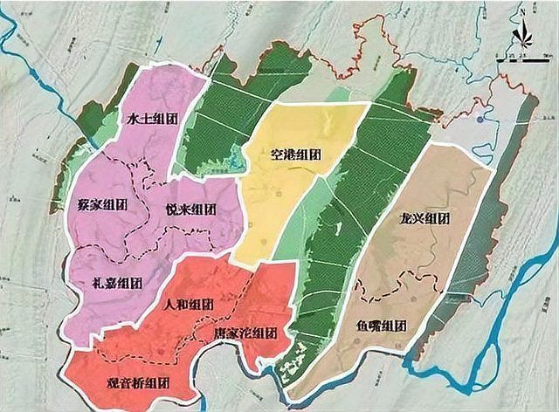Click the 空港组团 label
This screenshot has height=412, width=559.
(x=295, y=155)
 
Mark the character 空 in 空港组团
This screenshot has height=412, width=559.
(x=277, y=155)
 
